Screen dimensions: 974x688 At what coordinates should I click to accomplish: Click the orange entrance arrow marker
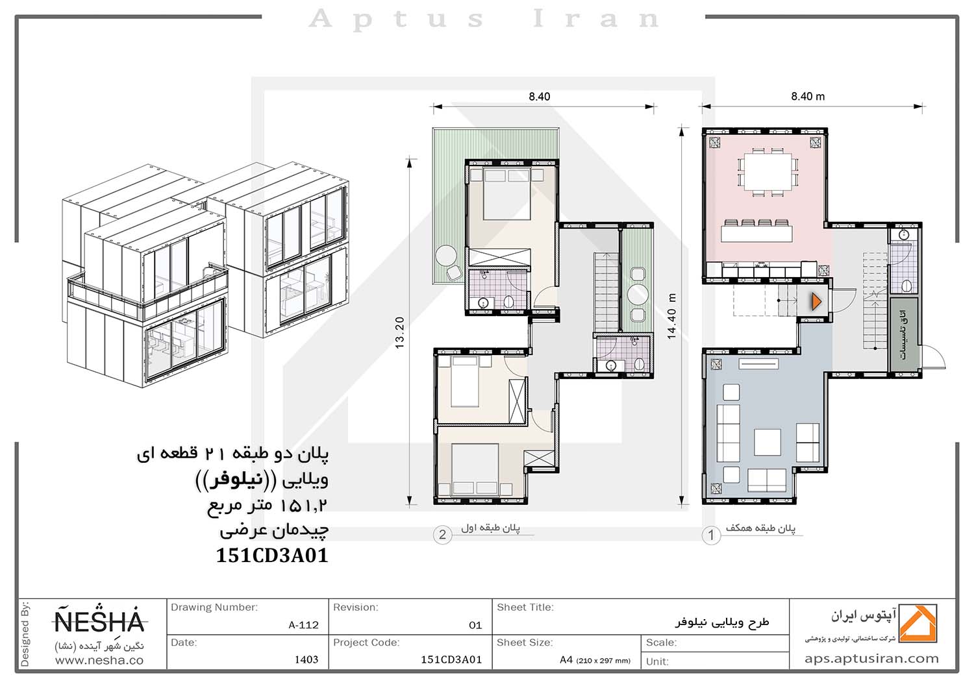tap(816, 302)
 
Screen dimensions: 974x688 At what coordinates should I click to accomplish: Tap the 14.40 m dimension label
tap(671, 316)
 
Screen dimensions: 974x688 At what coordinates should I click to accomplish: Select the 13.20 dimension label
tap(399, 332)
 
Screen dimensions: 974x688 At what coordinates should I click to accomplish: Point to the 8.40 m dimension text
tap(808, 97)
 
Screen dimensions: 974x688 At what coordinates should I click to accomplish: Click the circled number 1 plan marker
tap(711, 535)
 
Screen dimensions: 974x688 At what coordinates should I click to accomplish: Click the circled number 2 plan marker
tap(442, 534)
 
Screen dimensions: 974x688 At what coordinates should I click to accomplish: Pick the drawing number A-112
tap(303, 625)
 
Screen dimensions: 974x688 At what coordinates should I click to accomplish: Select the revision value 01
tap(475, 626)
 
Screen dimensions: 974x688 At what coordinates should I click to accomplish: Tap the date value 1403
tap(306, 659)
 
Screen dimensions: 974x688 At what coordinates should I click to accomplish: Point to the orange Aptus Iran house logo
tap(918, 623)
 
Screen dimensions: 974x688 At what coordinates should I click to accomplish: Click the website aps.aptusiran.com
tap(871, 659)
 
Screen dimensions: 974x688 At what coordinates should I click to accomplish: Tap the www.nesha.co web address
tap(99, 661)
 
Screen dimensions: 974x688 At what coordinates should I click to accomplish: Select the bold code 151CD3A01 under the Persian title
tap(272, 556)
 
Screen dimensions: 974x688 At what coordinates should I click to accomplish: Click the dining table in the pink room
tap(768, 171)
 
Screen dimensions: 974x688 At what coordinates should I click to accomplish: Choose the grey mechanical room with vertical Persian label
tap(905, 334)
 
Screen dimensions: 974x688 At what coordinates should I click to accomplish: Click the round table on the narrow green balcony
tap(638, 294)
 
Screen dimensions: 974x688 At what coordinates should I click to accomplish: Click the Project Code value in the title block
tap(451, 659)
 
